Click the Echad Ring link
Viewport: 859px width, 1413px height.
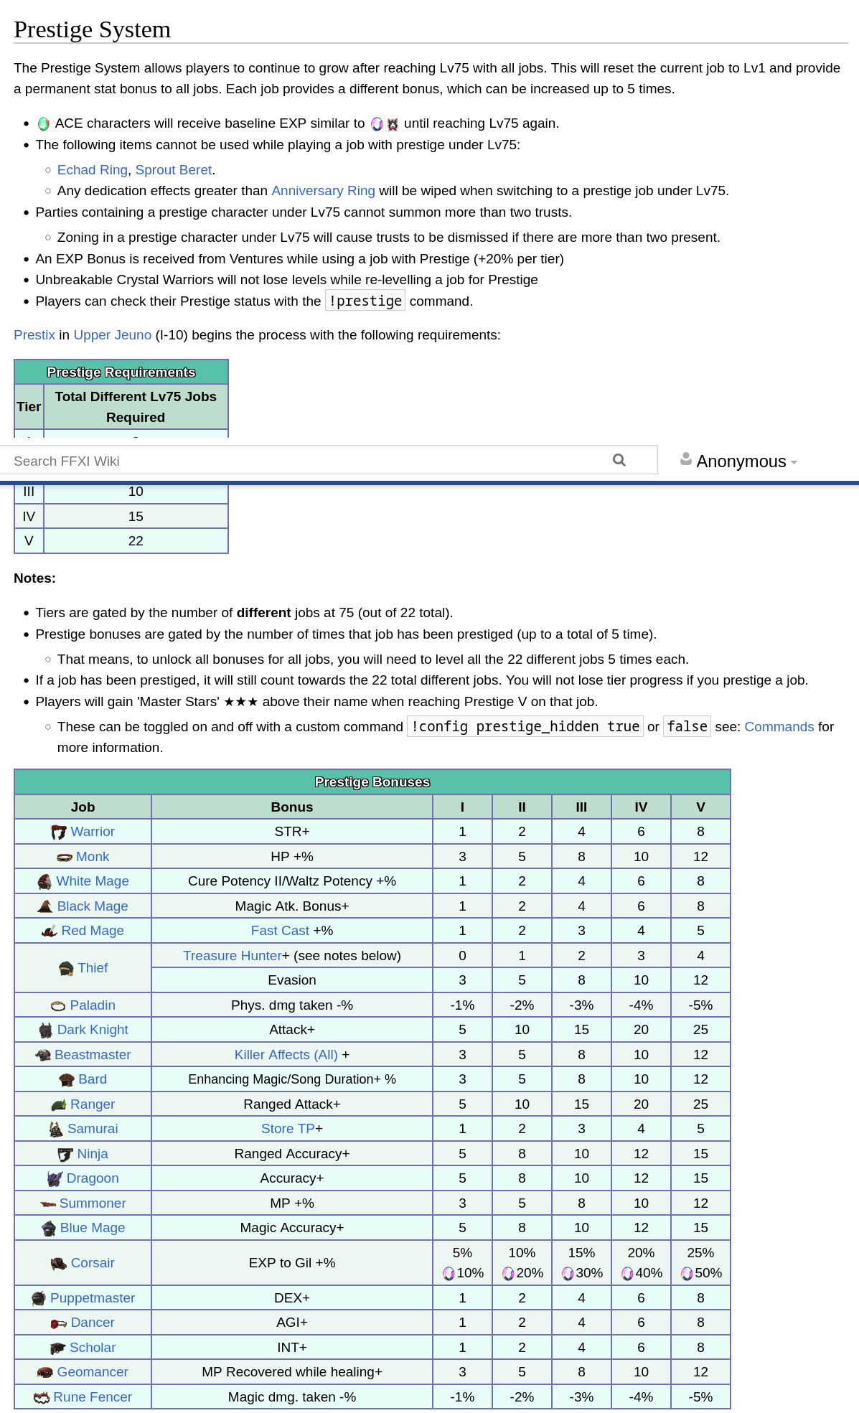pyautogui.click(x=92, y=170)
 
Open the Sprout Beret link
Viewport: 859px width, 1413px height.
pyautogui.click(x=174, y=170)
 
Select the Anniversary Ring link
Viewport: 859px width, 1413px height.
pyautogui.click(x=323, y=191)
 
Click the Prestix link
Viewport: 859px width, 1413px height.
pyautogui.click(x=34, y=335)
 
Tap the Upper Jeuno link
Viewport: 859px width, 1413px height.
pyautogui.click(x=113, y=335)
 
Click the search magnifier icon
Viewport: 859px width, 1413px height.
pyautogui.click(x=619, y=460)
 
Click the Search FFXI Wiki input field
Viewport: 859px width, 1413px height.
pyautogui.click(x=301, y=461)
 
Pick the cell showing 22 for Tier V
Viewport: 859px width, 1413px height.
pyautogui.click(x=136, y=541)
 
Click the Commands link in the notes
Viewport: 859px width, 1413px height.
pyautogui.click(x=779, y=727)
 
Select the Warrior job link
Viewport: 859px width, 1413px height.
pyautogui.click(x=93, y=832)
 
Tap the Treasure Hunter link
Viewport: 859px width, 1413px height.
pyautogui.click(x=233, y=956)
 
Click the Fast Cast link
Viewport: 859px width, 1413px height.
pyautogui.click(x=280, y=931)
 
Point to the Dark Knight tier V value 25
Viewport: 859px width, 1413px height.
pyautogui.click(x=700, y=1030)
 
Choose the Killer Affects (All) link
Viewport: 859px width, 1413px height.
pyautogui.click(x=286, y=1055)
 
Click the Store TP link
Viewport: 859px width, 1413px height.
pyautogui.click(x=288, y=1129)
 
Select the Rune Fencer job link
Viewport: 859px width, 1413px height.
pyautogui.click(x=93, y=1397)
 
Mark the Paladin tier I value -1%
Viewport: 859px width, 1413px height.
pyautogui.click(x=462, y=1005)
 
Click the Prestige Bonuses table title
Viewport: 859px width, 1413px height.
pyautogui.click(x=372, y=782)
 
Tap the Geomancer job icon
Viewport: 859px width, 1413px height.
pyautogui.click(x=45, y=1373)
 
